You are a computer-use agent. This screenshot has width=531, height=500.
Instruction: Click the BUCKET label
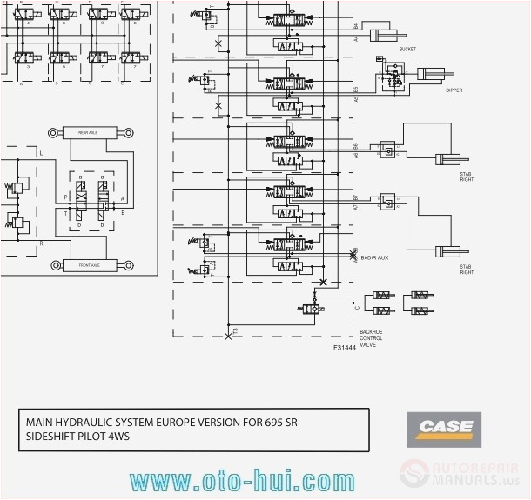(407, 50)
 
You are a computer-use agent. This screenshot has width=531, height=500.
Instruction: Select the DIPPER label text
(454, 90)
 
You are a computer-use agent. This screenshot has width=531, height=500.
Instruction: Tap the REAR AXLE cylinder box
(88, 132)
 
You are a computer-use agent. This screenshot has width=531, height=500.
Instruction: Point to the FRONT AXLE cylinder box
(88, 265)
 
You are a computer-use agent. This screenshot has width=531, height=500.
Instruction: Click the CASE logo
(445, 426)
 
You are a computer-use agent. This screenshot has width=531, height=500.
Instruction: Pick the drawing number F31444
(345, 347)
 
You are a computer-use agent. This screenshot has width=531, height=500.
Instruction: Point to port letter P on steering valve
(64, 197)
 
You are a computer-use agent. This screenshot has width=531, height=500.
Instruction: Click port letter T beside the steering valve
(64, 212)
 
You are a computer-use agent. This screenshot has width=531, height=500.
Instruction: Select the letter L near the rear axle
(41, 153)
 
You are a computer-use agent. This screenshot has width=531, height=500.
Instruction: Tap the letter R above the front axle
(41, 243)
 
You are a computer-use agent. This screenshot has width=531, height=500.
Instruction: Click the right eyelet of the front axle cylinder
(127, 265)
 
